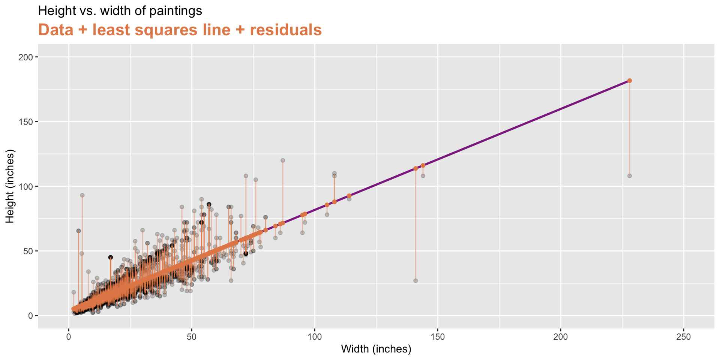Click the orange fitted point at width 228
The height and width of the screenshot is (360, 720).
point(630,81)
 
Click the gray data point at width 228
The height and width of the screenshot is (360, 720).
point(630,176)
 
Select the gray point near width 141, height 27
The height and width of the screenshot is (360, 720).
point(415,280)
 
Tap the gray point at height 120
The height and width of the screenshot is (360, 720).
point(283,160)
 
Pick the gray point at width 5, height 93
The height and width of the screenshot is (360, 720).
point(82,195)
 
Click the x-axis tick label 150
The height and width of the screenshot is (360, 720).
point(438,337)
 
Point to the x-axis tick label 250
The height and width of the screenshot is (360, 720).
point(684,337)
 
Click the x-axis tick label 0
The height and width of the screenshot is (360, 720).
point(69,337)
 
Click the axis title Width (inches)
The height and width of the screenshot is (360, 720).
point(376,349)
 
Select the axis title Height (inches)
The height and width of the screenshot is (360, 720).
point(10,186)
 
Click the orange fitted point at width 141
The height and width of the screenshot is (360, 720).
point(415,168)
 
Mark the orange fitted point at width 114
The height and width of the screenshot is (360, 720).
point(349,196)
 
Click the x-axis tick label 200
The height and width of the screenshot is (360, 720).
point(561,337)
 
